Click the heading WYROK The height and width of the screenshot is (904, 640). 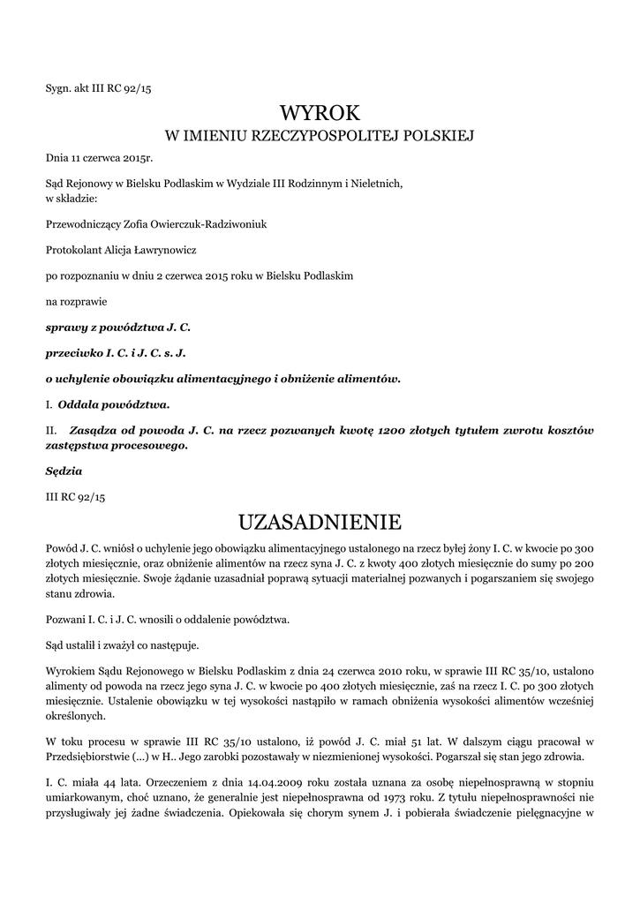click(320, 113)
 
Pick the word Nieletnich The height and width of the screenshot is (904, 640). click(378, 185)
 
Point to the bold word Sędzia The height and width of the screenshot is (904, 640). click(64, 471)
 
